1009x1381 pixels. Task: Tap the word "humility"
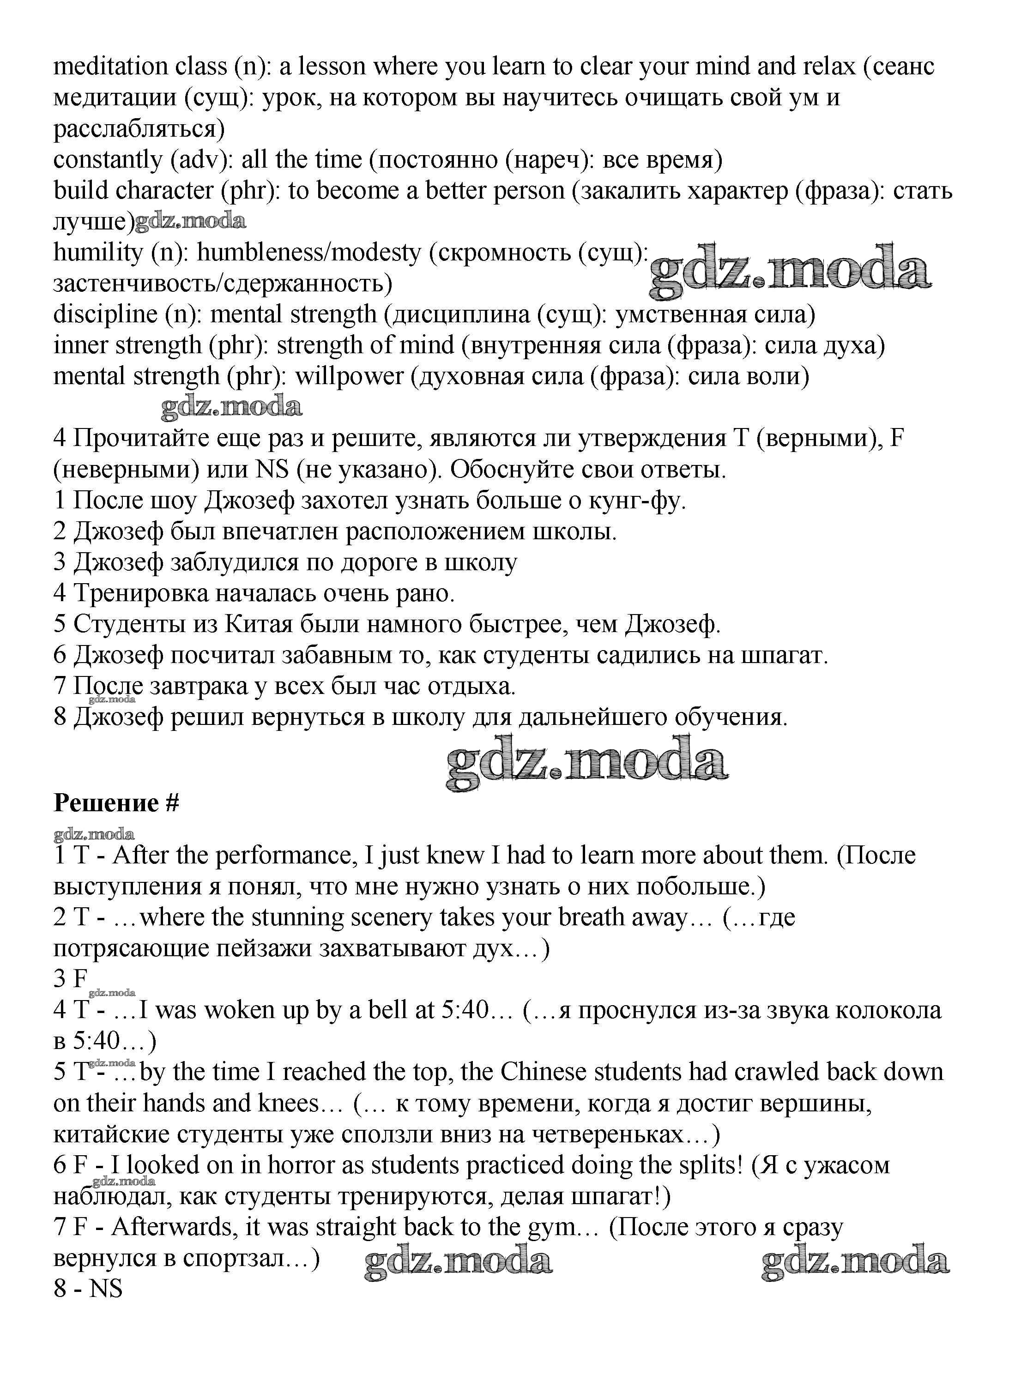tap(98, 252)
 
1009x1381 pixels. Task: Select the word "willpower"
tap(350, 376)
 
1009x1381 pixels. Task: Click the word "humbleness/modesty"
tap(309, 252)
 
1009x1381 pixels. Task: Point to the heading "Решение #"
tap(116, 803)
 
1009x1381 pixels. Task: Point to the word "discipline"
tap(105, 314)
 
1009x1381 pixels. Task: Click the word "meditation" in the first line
tap(110, 66)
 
